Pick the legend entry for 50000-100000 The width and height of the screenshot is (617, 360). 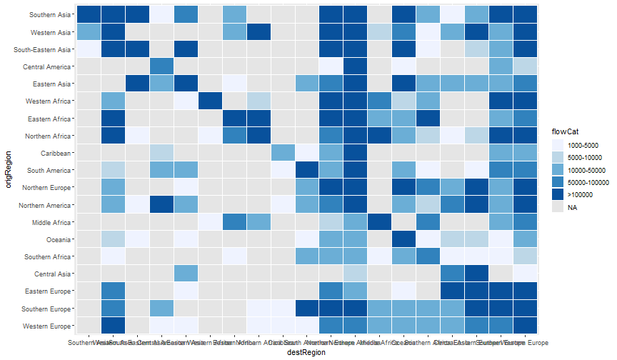(x=583, y=182)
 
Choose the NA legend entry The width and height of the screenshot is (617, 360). (x=572, y=207)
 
